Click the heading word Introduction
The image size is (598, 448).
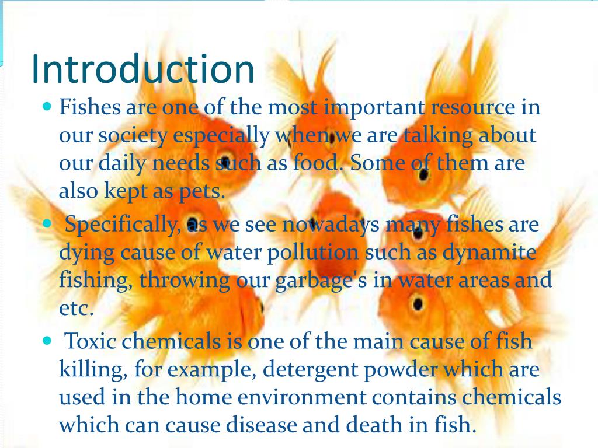(x=142, y=69)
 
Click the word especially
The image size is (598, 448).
(x=221, y=136)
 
